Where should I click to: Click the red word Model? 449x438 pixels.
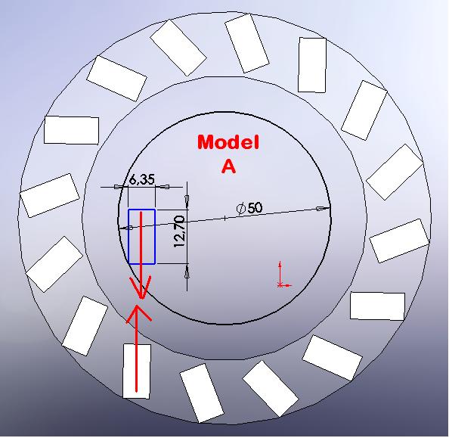(x=228, y=142)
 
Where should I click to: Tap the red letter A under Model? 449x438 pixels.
(x=228, y=166)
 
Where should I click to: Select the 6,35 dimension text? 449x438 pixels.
(x=141, y=180)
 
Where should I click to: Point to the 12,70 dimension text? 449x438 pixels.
(x=180, y=232)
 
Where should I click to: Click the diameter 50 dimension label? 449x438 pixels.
(x=249, y=208)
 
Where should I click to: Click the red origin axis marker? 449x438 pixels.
(x=283, y=276)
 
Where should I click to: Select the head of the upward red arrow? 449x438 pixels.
(x=138, y=313)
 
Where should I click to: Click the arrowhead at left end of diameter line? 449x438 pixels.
(x=125, y=228)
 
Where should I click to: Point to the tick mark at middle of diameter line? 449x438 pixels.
(x=224, y=218)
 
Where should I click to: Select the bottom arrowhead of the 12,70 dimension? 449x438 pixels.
(x=187, y=271)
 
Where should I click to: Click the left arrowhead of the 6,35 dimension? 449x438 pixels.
(x=121, y=187)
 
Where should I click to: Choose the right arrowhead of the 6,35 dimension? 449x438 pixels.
(x=163, y=187)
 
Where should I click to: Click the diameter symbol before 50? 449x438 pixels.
(x=241, y=208)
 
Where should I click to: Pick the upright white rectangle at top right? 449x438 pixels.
(x=312, y=65)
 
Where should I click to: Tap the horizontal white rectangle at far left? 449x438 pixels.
(x=71, y=130)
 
